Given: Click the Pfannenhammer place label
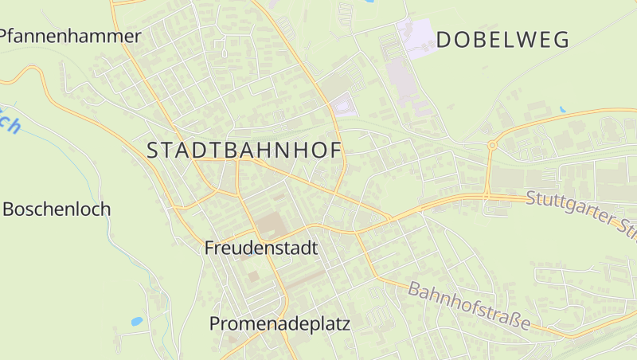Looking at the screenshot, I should pos(70,36).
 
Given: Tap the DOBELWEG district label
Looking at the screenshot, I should pos(503,40).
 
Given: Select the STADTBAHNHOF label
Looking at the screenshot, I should pos(244,150).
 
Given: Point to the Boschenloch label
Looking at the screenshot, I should pos(57,209).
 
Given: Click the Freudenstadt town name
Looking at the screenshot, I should pos(261,248).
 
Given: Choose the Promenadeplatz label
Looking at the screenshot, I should pos(279,323).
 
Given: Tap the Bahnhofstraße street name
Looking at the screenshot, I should pos(470,305).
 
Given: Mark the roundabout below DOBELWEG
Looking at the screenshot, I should pos(492,145).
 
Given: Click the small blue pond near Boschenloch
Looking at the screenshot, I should pos(137,322).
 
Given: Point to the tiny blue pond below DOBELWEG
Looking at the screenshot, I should pos(562,110).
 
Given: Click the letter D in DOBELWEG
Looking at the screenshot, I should pos(444,40).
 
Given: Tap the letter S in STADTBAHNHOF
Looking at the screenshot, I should pos(154,150).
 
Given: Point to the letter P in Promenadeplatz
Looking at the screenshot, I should pos(216,323).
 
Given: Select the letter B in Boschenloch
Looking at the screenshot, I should pos(10,209).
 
